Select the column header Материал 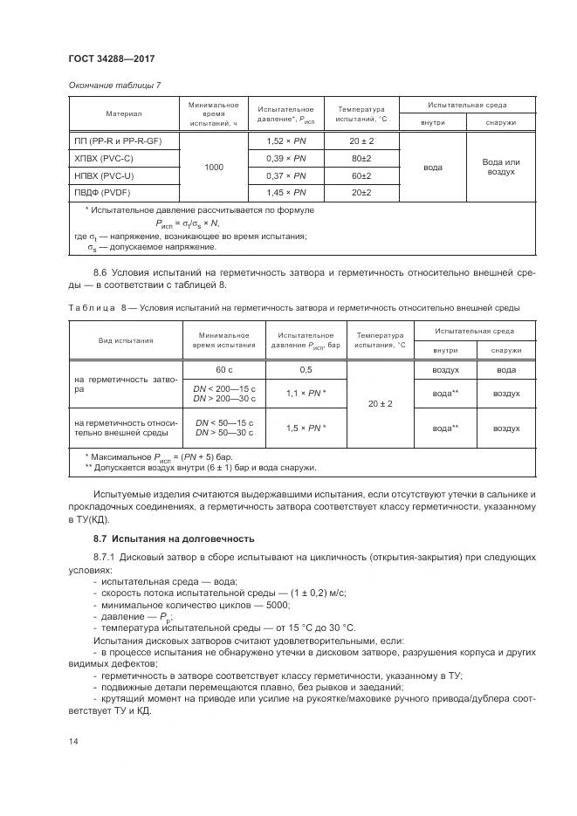pos(124,113)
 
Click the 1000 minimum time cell pos(214,166)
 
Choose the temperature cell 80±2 pos(361,157)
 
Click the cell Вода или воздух pos(501,167)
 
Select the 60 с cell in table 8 pos(225,369)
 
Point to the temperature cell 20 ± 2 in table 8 pos(381,404)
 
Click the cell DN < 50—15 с pos(225,422)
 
